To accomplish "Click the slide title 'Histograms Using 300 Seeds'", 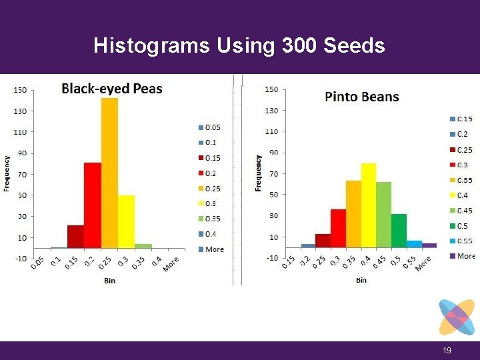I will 239,45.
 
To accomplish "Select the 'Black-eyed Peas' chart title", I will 112,89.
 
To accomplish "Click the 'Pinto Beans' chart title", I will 361,97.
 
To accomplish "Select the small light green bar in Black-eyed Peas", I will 143,246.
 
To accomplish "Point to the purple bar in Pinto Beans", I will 429,245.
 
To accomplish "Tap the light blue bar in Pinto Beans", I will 414,244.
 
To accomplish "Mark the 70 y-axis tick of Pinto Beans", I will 272,174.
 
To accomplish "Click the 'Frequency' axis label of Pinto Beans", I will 259,173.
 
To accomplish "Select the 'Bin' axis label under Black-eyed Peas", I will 109,281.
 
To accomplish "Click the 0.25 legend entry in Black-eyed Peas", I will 212,189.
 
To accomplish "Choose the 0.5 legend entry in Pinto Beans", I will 462,226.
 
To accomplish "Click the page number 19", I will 447,351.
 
